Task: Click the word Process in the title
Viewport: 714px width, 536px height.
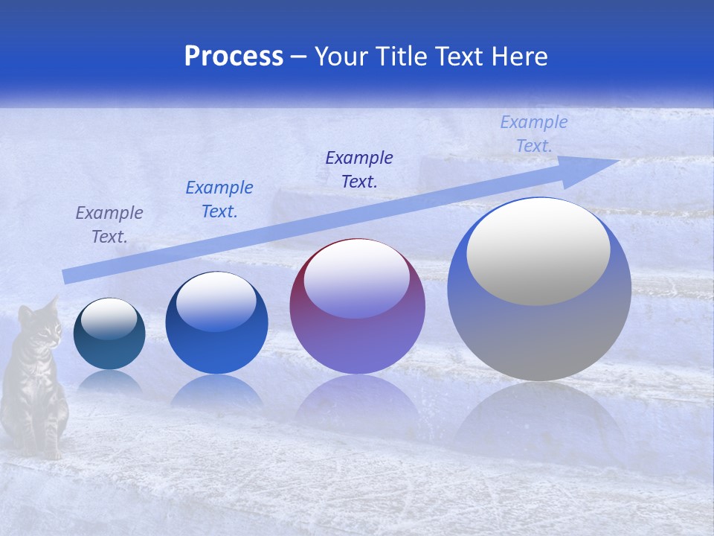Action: tap(234, 57)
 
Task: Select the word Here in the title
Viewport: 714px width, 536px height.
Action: tap(520, 57)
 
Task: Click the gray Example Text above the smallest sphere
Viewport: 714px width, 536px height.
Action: tap(109, 225)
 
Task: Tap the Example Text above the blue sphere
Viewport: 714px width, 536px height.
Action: tap(219, 200)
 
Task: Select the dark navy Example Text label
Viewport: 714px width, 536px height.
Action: tap(359, 170)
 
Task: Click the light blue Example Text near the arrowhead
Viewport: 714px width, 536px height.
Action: tap(534, 134)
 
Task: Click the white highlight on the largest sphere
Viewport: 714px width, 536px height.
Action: tap(538, 251)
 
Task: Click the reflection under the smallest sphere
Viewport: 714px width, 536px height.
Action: tap(109, 384)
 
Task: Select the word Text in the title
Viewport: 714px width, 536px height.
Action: tap(459, 57)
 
